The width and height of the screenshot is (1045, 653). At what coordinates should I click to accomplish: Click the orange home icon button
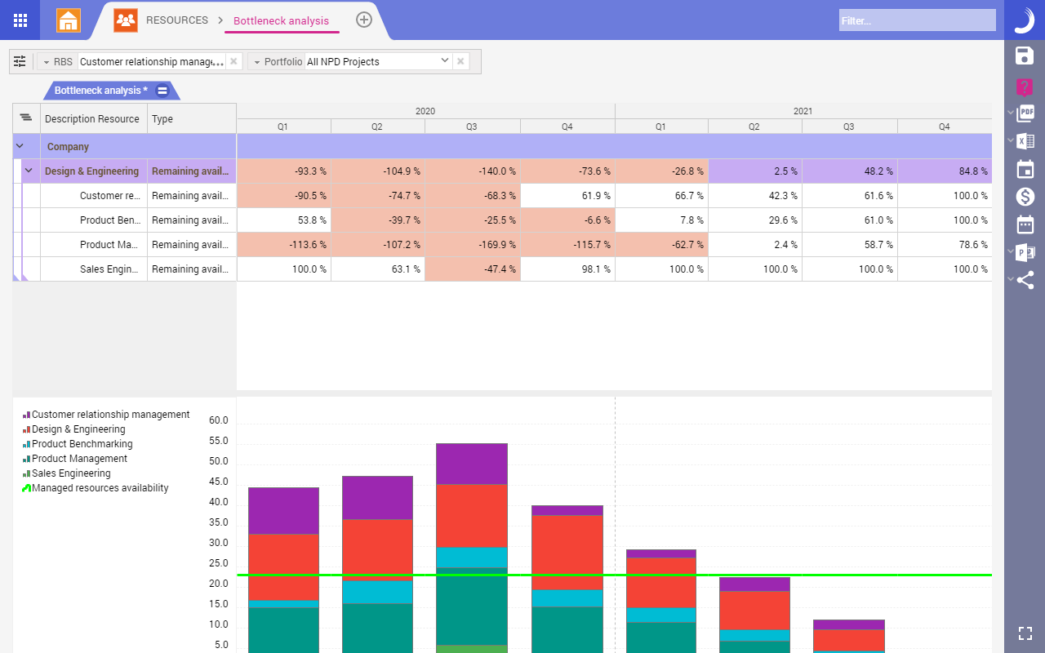coord(69,20)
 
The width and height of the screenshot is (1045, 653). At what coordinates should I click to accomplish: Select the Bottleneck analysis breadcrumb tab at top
coord(281,20)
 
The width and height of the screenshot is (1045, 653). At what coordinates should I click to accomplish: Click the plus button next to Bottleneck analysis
coord(364,20)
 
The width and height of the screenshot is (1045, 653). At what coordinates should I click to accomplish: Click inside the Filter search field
coord(916,20)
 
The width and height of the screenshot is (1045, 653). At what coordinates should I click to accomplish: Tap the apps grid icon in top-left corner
coord(20,20)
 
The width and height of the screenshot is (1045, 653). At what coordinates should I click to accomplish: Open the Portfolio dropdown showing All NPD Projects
coord(378,61)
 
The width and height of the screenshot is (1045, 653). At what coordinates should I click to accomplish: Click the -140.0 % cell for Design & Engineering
coord(473,171)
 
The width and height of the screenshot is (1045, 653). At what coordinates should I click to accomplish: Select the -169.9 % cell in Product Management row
coord(473,245)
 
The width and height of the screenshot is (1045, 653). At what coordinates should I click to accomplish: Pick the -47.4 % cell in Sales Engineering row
coord(473,269)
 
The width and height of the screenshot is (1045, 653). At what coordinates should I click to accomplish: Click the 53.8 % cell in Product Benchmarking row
coord(284,220)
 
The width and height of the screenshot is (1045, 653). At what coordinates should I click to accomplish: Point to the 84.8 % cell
coord(945,171)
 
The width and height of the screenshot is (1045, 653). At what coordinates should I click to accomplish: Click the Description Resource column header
coord(92,119)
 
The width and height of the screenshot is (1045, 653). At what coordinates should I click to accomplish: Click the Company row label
coord(68,147)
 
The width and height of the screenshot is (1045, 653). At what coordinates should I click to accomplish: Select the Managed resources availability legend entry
coord(100,488)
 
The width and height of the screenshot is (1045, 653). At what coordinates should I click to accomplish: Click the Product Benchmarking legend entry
coord(82,444)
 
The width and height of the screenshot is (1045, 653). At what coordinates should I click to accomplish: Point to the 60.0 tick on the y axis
coord(218,420)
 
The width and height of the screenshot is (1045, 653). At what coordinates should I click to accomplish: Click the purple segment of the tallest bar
coord(472,464)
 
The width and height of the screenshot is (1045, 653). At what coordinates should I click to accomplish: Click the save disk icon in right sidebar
coord(1025,56)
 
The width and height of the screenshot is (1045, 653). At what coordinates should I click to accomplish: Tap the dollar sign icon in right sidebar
coord(1025,196)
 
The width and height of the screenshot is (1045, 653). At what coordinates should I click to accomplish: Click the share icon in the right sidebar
coord(1025,280)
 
